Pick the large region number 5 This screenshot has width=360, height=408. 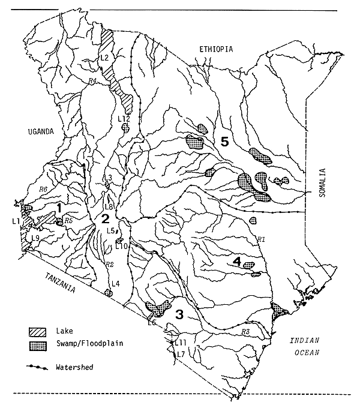coord(224,142)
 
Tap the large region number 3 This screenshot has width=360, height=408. coord(179,314)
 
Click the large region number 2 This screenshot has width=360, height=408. coord(105,217)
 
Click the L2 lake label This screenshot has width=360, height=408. coord(103,58)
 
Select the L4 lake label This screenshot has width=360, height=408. coord(115,283)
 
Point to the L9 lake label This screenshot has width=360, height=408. coord(35,238)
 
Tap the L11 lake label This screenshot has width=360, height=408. coord(181,342)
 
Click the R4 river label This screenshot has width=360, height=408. coord(92,80)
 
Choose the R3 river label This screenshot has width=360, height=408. coord(244,332)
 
